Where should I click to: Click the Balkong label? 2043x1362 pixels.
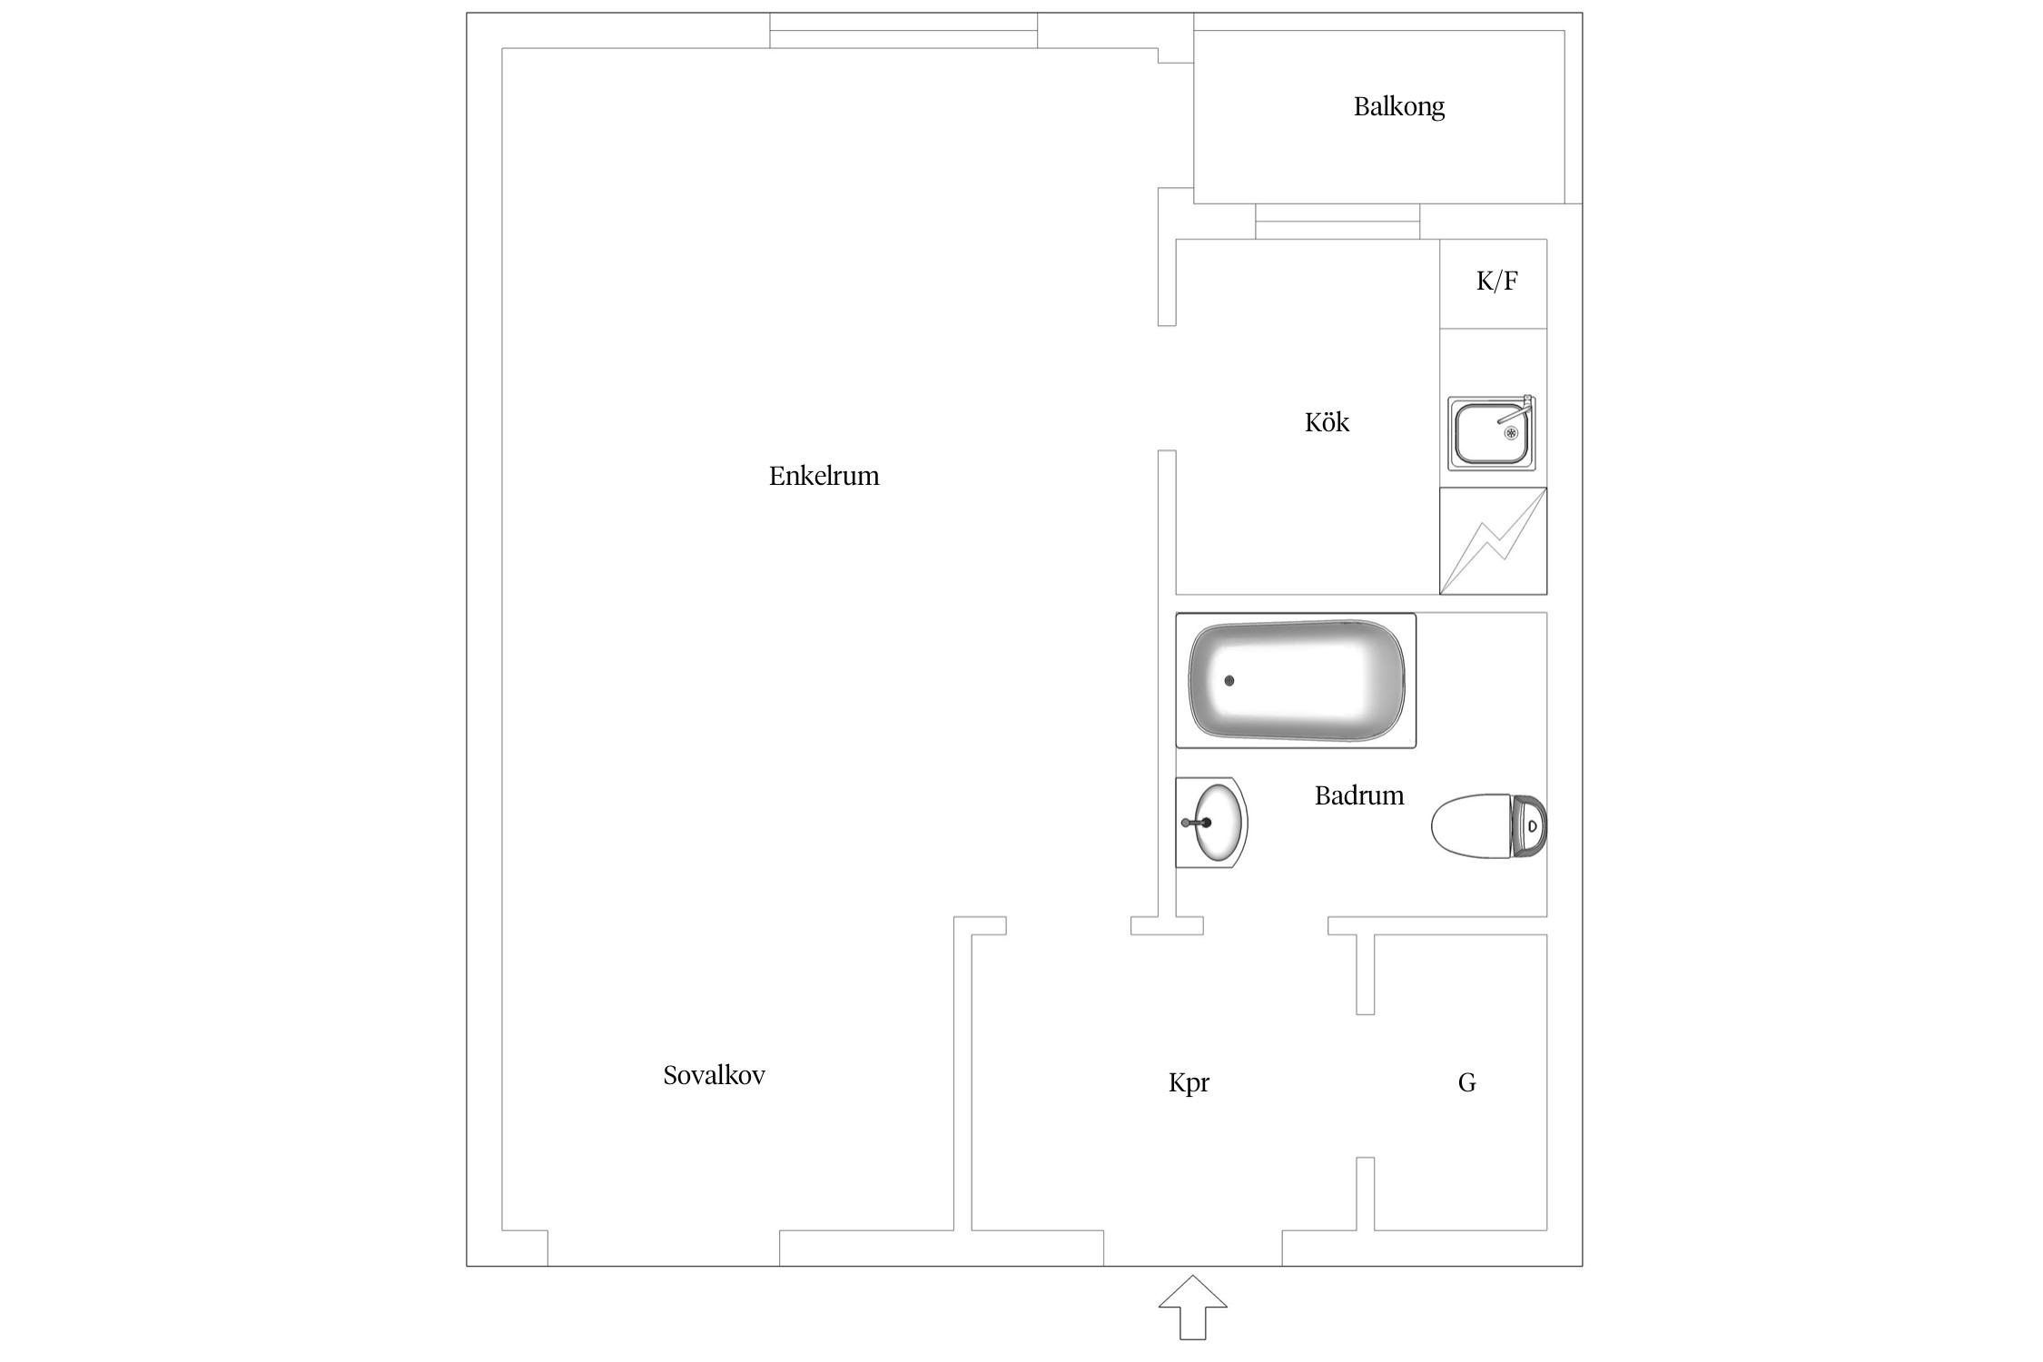(x=1398, y=107)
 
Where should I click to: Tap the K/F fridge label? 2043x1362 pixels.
(x=1496, y=281)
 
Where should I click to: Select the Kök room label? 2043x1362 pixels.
(x=1327, y=422)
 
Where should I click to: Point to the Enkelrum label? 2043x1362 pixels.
(x=824, y=476)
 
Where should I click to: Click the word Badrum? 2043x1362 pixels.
(x=1358, y=795)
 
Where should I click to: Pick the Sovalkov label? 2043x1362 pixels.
(x=714, y=1075)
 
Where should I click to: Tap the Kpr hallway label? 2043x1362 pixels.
(x=1189, y=1082)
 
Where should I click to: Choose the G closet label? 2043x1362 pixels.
(x=1466, y=1082)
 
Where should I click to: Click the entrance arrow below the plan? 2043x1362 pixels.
(x=1192, y=1307)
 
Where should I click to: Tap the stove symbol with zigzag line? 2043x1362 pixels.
(x=1493, y=541)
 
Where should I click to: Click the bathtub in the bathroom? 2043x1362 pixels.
(x=1296, y=680)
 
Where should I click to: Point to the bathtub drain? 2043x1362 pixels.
(x=1229, y=680)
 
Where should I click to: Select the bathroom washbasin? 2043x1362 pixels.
(x=1215, y=823)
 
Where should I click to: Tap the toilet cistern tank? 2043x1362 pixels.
(x=1529, y=826)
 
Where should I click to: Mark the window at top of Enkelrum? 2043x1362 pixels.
(x=903, y=30)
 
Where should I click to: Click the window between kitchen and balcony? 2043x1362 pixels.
(x=1337, y=221)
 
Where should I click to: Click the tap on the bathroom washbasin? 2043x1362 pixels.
(x=1193, y=823)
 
